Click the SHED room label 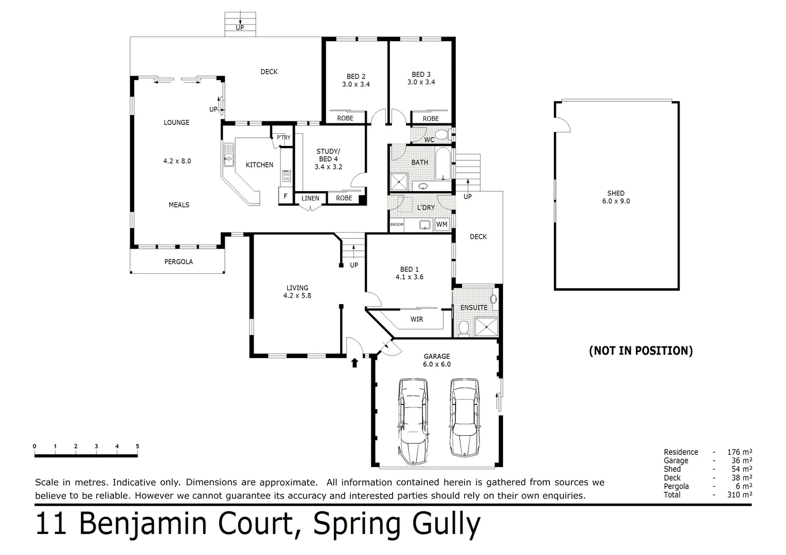(616, 194)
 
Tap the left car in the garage (413, 421)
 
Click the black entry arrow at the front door (354, 363)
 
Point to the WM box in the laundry (442, 225)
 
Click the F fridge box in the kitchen (285, 196)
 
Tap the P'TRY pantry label (283, 138)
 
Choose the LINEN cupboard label (310, 198)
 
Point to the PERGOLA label (178, 262)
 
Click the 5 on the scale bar (137, 446)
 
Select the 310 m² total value (740, 495)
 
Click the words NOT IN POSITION (640, 351)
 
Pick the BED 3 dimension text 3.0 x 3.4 (421, 82)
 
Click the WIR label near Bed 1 (417, 320)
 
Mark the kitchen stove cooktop (287, 176)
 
